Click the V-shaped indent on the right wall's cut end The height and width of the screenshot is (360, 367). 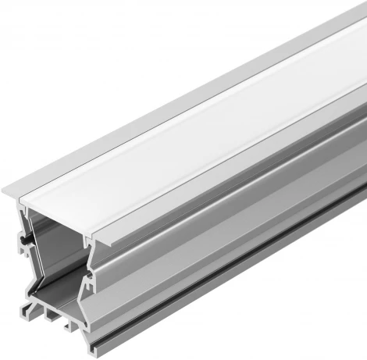click(x=88, y=265)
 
